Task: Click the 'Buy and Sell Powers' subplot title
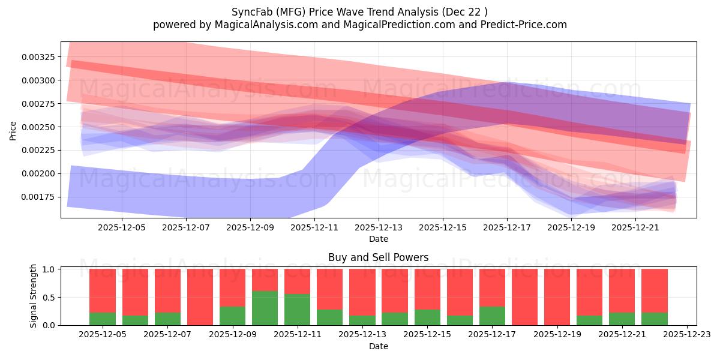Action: coord(378,257)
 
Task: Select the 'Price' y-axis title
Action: coord(13,130)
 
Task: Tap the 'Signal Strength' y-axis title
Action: coord(34,296)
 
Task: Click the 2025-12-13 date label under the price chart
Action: coord(379,228)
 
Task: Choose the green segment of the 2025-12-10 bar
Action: coord(265,308)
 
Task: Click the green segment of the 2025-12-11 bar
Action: coord(297,310)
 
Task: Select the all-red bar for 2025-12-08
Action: coord(200,297)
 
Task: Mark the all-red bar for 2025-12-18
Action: coord(524,297)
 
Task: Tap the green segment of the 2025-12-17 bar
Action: coord(492,316)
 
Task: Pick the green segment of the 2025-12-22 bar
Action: coord(654,319)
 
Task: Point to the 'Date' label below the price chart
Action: coord(378,239)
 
